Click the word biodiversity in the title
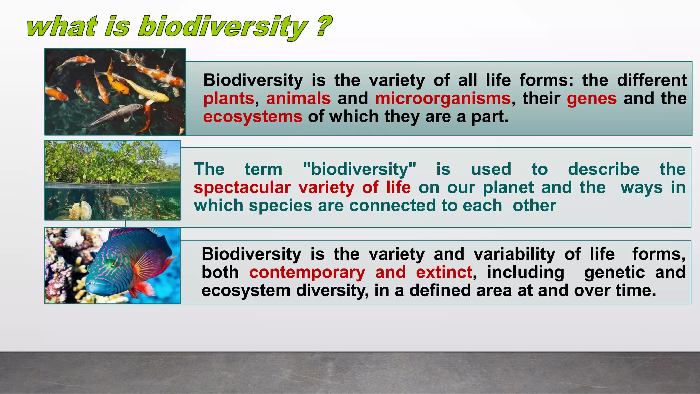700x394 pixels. [x=222, y=27]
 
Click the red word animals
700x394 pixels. [x=298, y=98]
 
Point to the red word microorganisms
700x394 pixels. [x=443, y=98]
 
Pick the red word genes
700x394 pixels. [x=592, y=98]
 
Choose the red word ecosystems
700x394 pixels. [x=253, y=117]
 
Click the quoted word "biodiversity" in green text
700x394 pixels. [x=360, y=169]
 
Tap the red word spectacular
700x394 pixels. [x=242, y=188]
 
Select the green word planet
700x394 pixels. [x=508, y=188]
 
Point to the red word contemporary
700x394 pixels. [x=307, y=273]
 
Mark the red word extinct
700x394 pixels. [x=444, y=273]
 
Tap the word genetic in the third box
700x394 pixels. [x=614, y=273]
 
